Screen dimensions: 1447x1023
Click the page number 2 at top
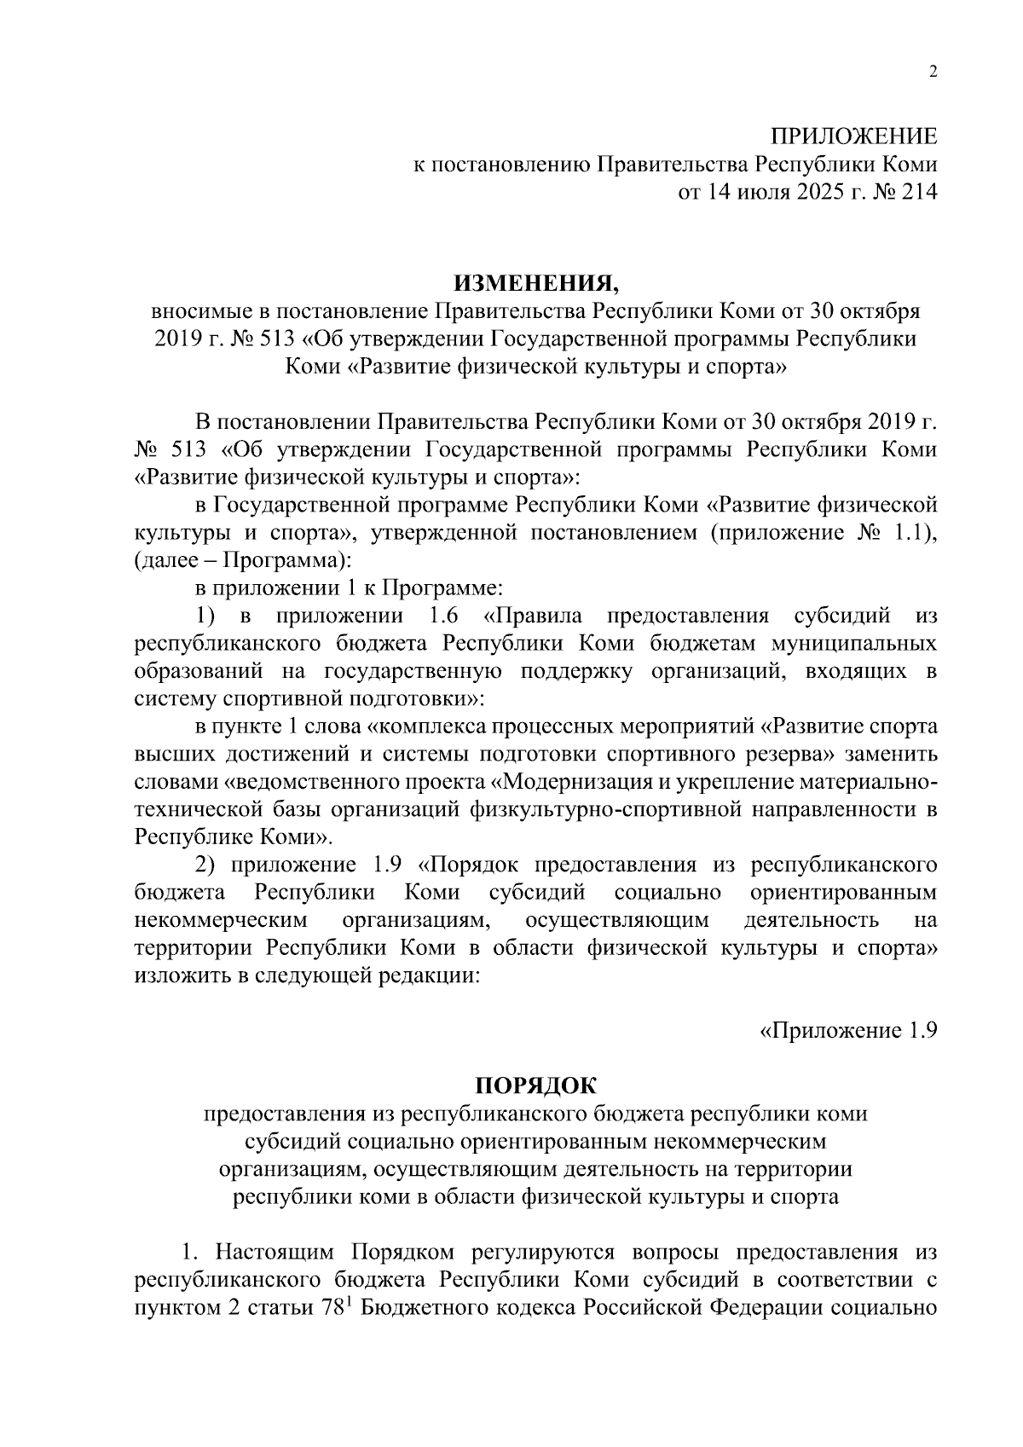click(x=932, y=72)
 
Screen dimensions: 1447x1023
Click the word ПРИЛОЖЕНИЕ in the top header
click(x=853, y=136)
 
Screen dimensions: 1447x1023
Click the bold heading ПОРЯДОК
click(x=536, y=1085)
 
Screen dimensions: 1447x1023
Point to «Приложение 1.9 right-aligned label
click(x=848, y=1030)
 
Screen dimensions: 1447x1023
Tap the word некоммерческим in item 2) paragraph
click(x=220, y=920)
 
